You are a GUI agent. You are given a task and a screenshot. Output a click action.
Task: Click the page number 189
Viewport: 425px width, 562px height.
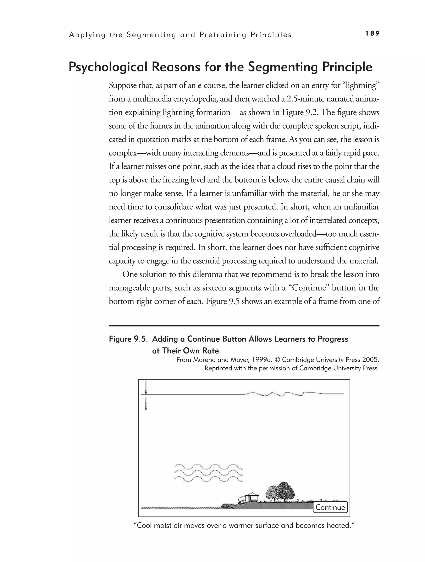point(372,33)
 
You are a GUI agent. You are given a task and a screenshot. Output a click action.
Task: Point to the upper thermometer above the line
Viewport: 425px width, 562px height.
point(146,387)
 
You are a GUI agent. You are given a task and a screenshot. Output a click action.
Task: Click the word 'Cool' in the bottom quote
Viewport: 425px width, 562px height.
point(144,525)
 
